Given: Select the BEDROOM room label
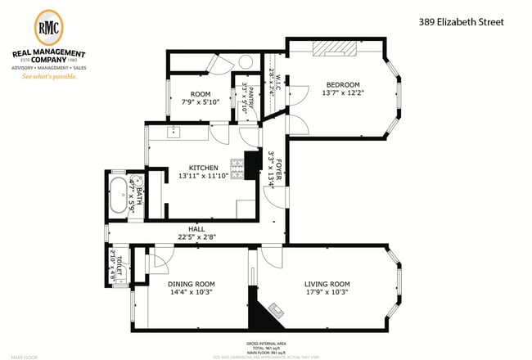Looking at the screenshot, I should click(343, 84).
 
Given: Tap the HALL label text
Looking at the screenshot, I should click(197, 230).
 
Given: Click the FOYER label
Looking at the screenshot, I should click(279, 169).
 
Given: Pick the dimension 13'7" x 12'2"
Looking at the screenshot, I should click(343, 93).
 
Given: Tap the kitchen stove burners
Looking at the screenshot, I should click(237, 169).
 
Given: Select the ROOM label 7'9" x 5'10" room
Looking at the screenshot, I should click(200, 94).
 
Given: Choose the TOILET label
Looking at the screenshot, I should click(119, 263).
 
